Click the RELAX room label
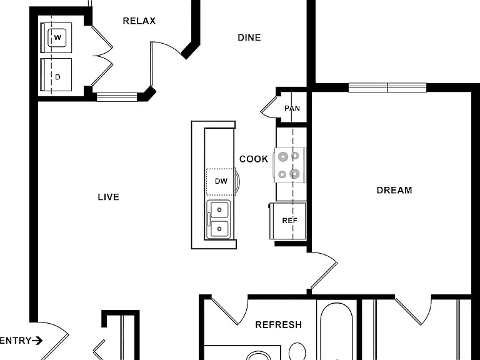coord(139,21)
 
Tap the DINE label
coord(249,37)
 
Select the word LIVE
coord(108,197)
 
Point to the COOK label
coord(254,159)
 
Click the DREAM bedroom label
coord(394,190)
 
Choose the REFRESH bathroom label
coord(279,324)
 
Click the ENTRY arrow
coord(37,341)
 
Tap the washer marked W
coord(56,37)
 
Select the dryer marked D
coord(56,75)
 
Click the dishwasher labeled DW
coord(220,181)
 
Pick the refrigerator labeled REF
coord(288,221)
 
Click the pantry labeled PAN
coord(292,108)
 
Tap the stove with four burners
coord(289,165)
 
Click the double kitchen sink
coord(219,219)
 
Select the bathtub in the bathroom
coord(336,331)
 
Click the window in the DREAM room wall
coord(387,87)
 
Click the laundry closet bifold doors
coord(102,56)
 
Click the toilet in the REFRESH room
coord(297,351)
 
